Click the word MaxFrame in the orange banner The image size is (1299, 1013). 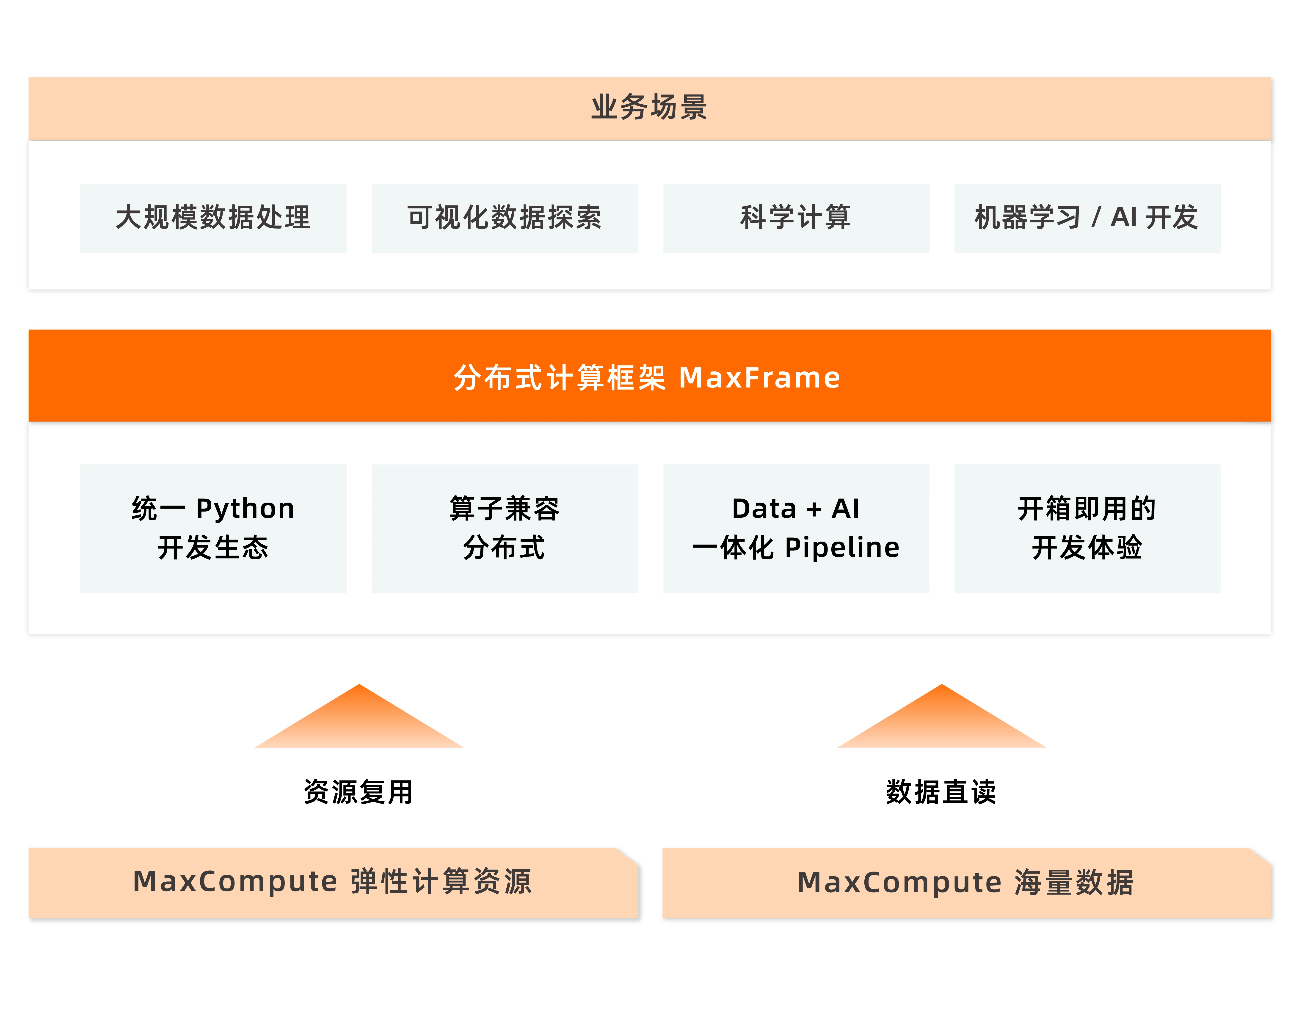[760, 378]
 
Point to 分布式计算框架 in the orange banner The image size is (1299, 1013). [559, 378]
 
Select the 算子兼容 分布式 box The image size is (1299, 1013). [504, 528]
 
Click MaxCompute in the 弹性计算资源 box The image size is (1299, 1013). [236, 882]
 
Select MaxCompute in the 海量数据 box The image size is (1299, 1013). [899, 883]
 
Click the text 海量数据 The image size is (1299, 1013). [1074, 883]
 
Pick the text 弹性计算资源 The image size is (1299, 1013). [441, 882]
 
